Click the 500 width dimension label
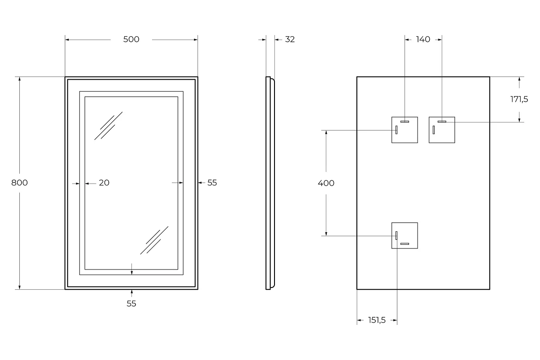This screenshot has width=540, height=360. [131, 40]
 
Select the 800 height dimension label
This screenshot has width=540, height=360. [19, 183]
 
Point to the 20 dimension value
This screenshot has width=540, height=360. [104, 183]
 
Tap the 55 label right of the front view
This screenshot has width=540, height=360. [212, 183]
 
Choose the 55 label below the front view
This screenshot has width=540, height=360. [131, 304]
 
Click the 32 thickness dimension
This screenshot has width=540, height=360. [290, 40]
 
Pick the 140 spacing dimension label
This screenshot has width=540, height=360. [423, 40]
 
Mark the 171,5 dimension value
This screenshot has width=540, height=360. [519, 99]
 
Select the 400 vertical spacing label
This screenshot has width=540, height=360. [326, 183]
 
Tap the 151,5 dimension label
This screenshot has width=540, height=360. [377, 320]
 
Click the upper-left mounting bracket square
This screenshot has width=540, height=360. [405, 130]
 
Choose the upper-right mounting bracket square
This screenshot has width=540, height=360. [441, 130]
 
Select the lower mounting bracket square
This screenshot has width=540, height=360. [405, 235]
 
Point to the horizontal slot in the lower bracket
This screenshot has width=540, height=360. [405, 244]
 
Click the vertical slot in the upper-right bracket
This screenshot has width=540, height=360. [434, 130]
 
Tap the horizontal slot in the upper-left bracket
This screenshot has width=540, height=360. [405, 121]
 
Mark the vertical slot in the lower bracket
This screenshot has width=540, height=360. [396, 235]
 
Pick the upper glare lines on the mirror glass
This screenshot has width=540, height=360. [108, 126]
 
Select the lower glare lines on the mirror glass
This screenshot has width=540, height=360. [154, 240]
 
